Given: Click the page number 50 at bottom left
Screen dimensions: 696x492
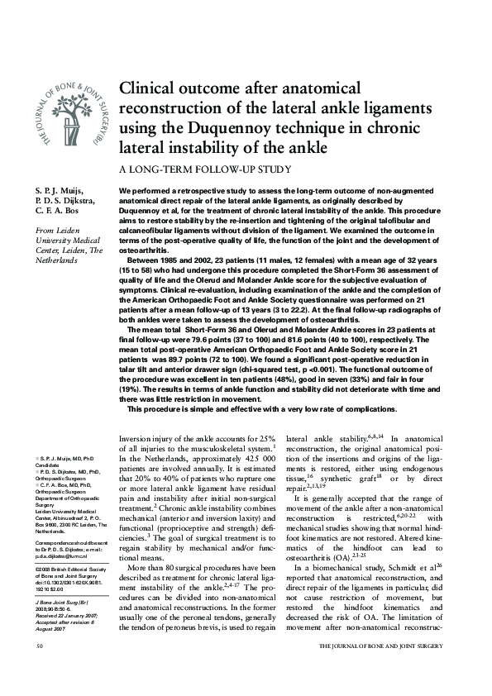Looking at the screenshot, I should coord(40,666).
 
